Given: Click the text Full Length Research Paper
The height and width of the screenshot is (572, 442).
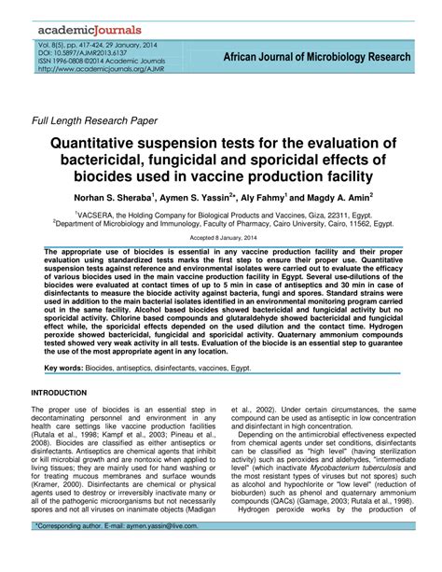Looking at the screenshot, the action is [94, 120].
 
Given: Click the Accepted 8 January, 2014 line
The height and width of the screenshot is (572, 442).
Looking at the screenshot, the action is [220, 238].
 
